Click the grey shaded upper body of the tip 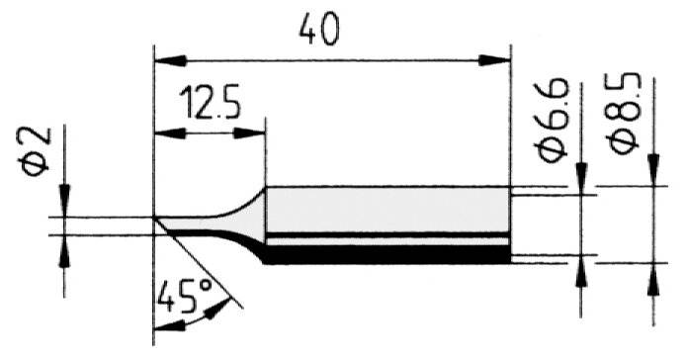pyautogui.click(x=385, y=210)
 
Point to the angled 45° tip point pyautogui.click(x=157, y=220)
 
